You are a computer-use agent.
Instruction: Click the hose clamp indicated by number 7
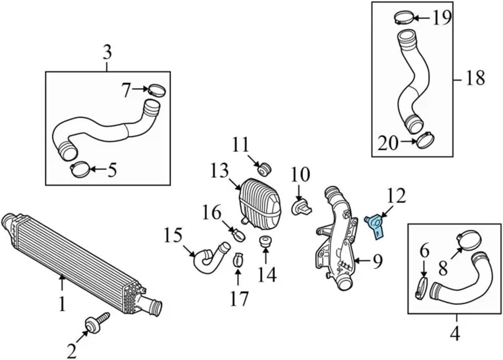(x=157, y=90)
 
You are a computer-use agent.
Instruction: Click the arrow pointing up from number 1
(x=62, y=283)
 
